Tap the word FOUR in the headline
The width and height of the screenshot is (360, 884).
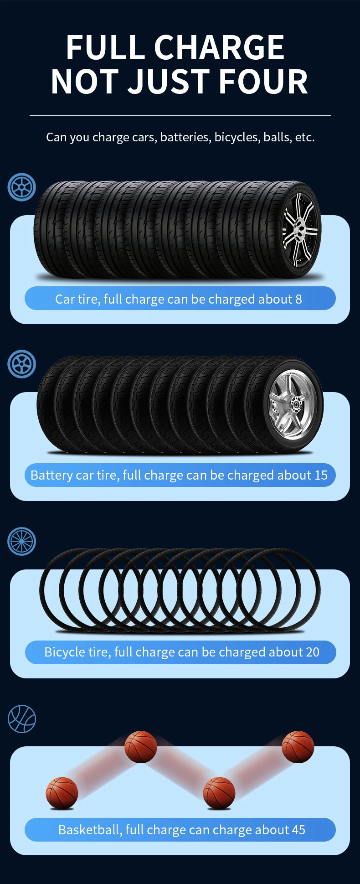coord(263,82)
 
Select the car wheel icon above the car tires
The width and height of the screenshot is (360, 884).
coord(22,187)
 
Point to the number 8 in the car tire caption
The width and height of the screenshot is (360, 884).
coord(298,299)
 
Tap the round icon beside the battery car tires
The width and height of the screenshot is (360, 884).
coord(22,364)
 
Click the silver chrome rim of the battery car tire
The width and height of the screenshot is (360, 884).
coord(292,404)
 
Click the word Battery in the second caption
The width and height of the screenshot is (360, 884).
coord(51,475)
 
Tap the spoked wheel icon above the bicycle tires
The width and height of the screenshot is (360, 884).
coord(22,541)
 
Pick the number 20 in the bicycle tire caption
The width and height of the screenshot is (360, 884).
coord(313,652)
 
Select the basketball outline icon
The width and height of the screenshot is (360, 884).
coord(22,719)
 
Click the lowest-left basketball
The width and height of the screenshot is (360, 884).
coord(62,793)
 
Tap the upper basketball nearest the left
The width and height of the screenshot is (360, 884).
coord(141,747)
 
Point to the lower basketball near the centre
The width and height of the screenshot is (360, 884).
coord(219,793)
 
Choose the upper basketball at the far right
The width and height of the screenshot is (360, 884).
coord(298,747)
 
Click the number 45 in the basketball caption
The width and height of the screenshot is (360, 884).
coord(298,830)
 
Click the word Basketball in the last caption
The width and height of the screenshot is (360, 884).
coord(89,830)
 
